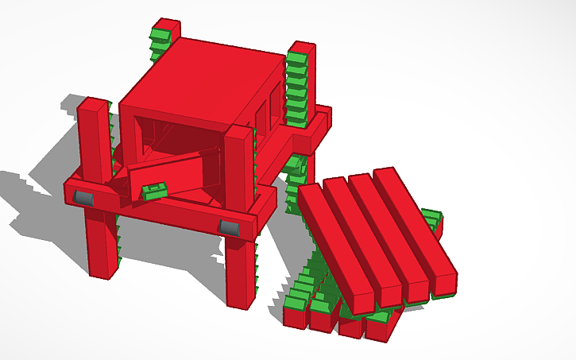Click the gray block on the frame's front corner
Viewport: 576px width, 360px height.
229,228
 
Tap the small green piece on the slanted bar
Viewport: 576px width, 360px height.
154,190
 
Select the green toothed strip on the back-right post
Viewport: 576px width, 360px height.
296,87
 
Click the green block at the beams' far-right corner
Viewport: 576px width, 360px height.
431,219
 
